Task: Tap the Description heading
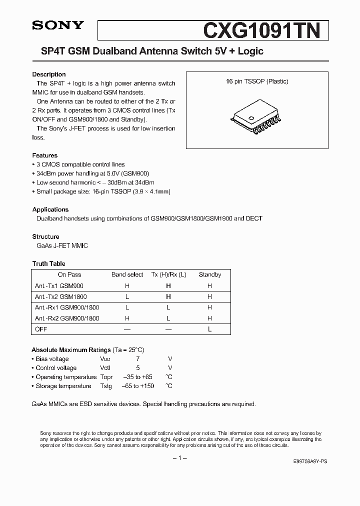coord(49,74)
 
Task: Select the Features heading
coord(45,155)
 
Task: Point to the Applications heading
coord(50,209)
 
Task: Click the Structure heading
coord(45,236)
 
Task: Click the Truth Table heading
coord(49,263)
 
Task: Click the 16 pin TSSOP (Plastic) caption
coord(257,81)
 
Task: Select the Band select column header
coord(127,274)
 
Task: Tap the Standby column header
coord(209,274)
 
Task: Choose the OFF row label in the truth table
coord(41,329)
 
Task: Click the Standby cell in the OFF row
coord(209,329)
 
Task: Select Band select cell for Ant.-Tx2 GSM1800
coord(127,297)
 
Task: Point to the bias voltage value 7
coord(138,359)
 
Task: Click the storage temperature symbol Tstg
coord(106,386)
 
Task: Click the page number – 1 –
coord(179,458)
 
